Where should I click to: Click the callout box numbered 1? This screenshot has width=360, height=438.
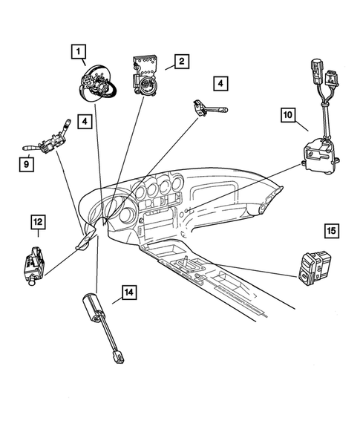point(79,51)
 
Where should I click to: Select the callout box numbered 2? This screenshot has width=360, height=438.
point(179,62)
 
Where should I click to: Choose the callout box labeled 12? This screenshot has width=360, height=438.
point(38,220)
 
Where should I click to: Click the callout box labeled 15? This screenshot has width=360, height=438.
point(332,231)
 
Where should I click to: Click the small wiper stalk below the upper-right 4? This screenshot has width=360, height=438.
point(209,109)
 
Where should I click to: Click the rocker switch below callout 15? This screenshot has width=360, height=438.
point(311,268)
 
